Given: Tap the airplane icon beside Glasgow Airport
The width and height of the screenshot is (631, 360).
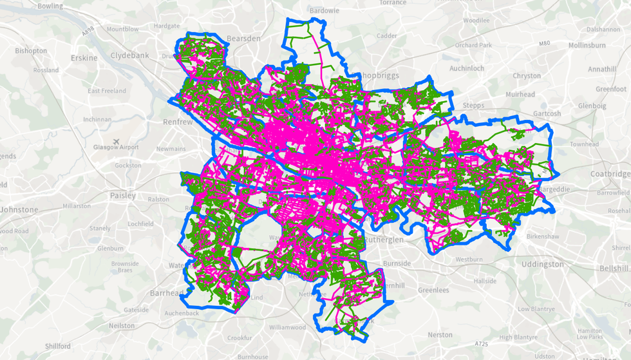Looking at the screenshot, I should pos(115,140).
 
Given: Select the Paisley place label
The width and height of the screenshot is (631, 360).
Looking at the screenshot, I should pos(123,195).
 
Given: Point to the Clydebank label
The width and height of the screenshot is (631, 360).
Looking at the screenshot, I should pos(129,55).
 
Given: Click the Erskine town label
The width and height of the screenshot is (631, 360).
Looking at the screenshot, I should pos(84,58).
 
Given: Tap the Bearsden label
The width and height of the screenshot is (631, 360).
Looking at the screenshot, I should pos(243,39).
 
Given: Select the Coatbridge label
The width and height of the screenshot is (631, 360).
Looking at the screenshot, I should pos(611,174).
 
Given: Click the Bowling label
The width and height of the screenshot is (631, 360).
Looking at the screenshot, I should pos(50,6).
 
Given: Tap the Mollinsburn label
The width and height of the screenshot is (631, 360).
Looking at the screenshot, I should pos(587,46).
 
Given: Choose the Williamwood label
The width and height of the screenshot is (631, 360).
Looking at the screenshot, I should pos(288,327).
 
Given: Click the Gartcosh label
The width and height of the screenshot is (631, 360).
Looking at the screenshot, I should pos(547,113).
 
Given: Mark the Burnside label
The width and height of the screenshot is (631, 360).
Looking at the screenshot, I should pos(396,263).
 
